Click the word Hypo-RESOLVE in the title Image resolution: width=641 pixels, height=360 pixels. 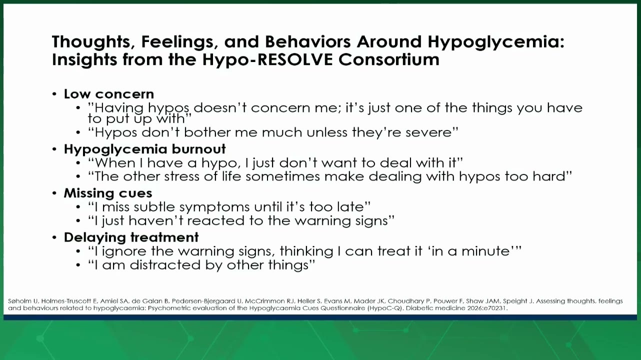click(267, 59)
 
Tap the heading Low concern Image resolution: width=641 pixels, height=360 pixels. click(108, 94)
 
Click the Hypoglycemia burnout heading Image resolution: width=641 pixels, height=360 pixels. click(144, 149)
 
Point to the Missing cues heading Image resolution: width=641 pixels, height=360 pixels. click(108, 193)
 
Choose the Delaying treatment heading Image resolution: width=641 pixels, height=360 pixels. click(131, 237)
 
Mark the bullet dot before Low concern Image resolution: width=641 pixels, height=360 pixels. click(54, 94)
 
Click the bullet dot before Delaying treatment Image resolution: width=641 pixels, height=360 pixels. click(54, 237)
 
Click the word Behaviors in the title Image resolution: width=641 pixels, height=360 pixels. click(307, 42)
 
